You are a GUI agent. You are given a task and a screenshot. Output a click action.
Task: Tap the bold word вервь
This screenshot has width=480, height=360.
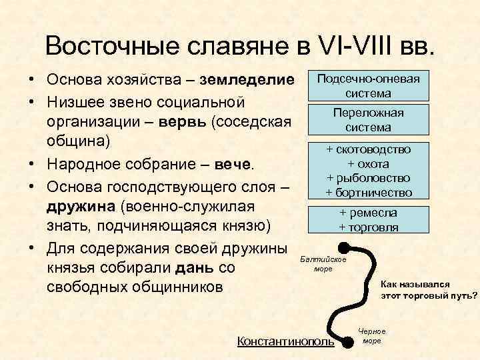[183, 123]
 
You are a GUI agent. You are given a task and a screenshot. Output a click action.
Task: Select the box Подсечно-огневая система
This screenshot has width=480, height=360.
[369, 86]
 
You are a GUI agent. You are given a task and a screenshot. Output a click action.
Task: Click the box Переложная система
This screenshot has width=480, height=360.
[369, 119]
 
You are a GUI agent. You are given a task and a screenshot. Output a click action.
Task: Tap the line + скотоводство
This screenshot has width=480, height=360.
[369, 150]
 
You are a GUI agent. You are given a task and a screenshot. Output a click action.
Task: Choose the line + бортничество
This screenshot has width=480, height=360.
[369, 193]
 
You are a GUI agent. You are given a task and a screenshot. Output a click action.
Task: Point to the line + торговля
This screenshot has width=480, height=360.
[369, 227]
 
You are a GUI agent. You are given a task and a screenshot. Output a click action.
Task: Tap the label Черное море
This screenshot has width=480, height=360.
[371, 336]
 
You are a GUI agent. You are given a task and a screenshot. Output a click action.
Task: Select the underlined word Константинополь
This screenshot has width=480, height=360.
[286, 342]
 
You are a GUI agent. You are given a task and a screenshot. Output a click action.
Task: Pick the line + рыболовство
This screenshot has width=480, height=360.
[369, 179]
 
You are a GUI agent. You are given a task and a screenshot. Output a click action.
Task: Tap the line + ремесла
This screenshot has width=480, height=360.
[369, 213]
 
